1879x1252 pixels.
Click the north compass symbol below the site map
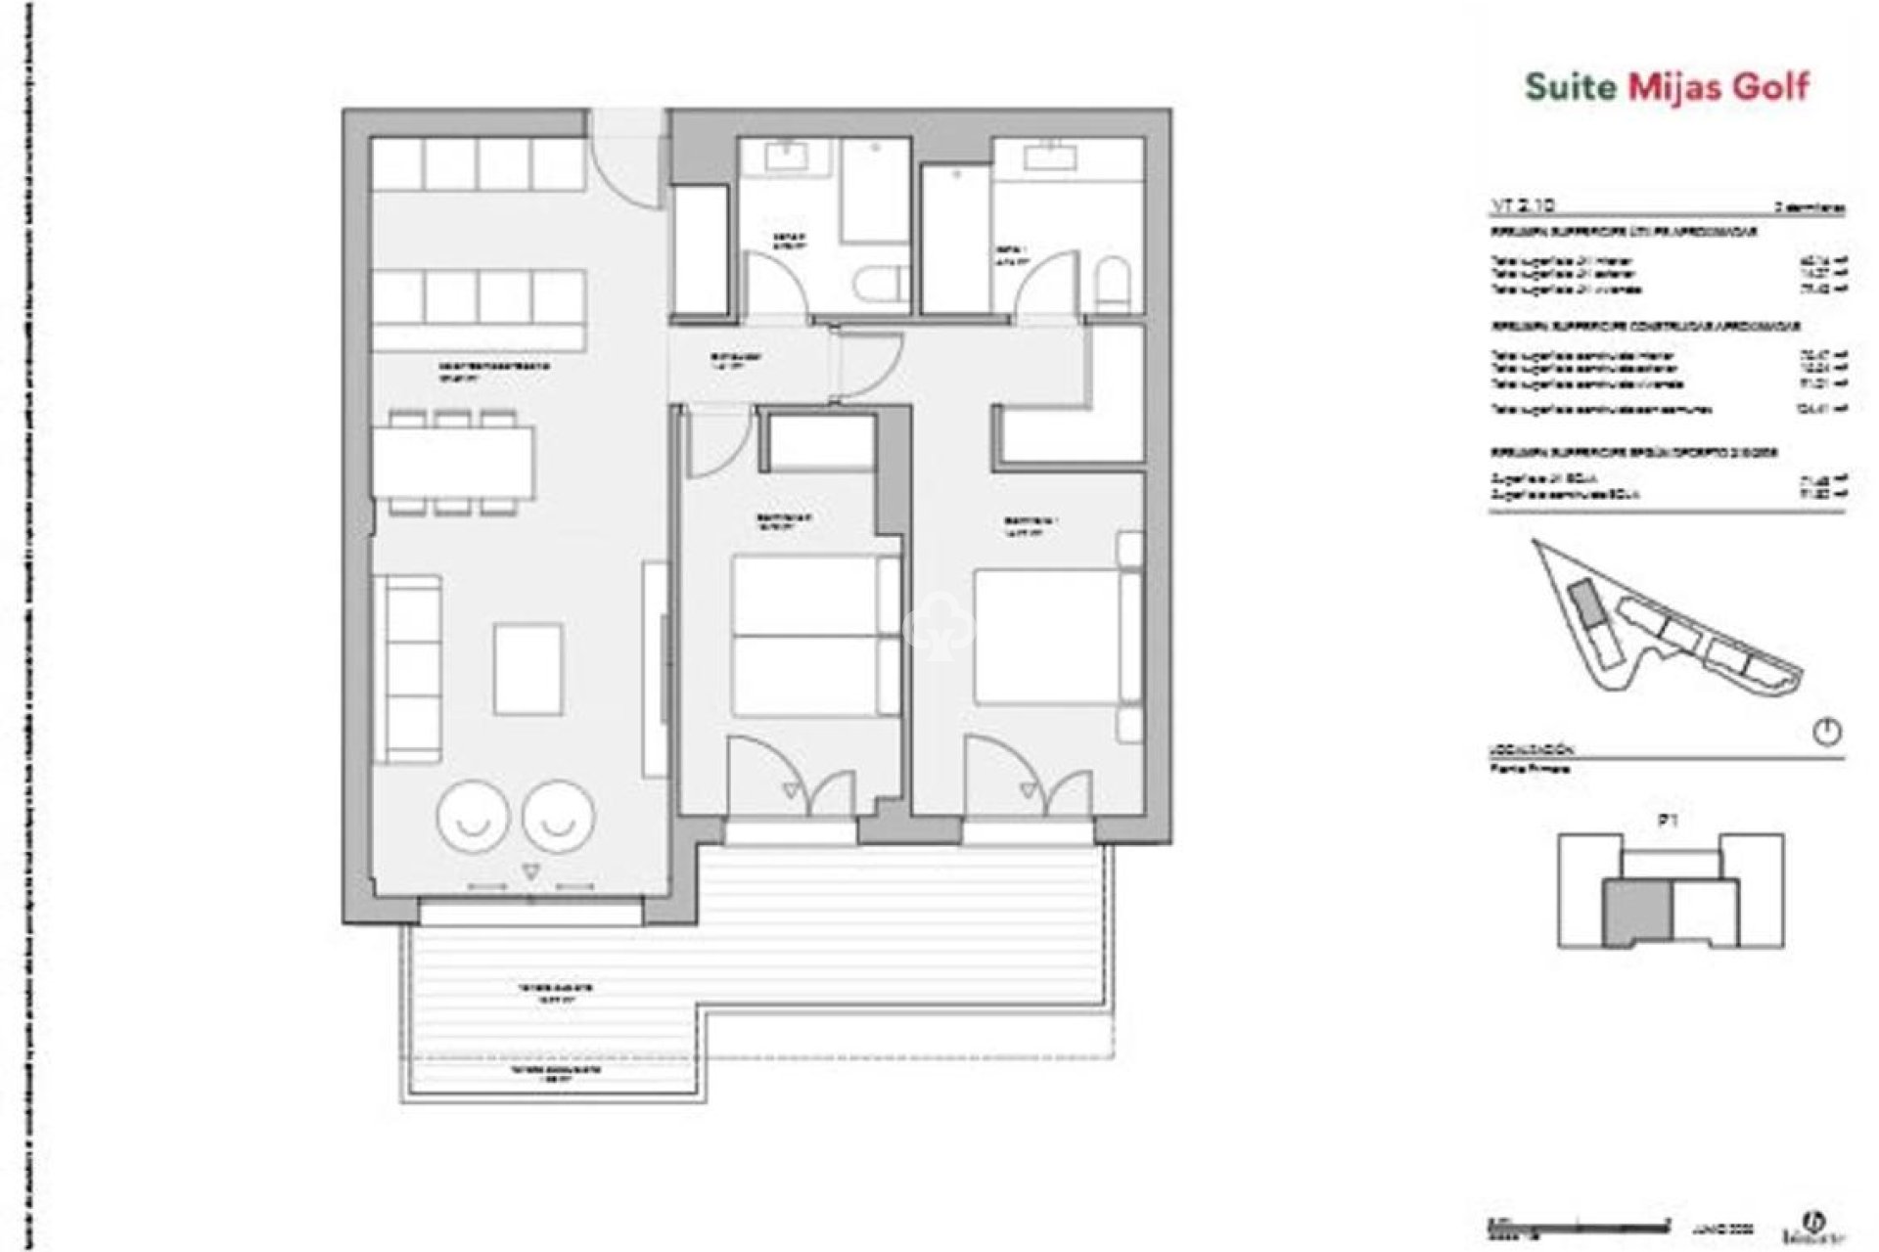coord(1826,733)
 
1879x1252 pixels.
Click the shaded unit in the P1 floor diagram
coord(1636,912)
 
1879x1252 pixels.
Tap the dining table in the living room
coord(453,462)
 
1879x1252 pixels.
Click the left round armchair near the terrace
coord(474,818)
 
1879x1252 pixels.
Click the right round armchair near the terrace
coord(558,818)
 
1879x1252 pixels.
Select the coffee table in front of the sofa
coord(528,670)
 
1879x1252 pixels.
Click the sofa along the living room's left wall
coord(407,669)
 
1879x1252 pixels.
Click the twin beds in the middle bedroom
coord(815,636)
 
